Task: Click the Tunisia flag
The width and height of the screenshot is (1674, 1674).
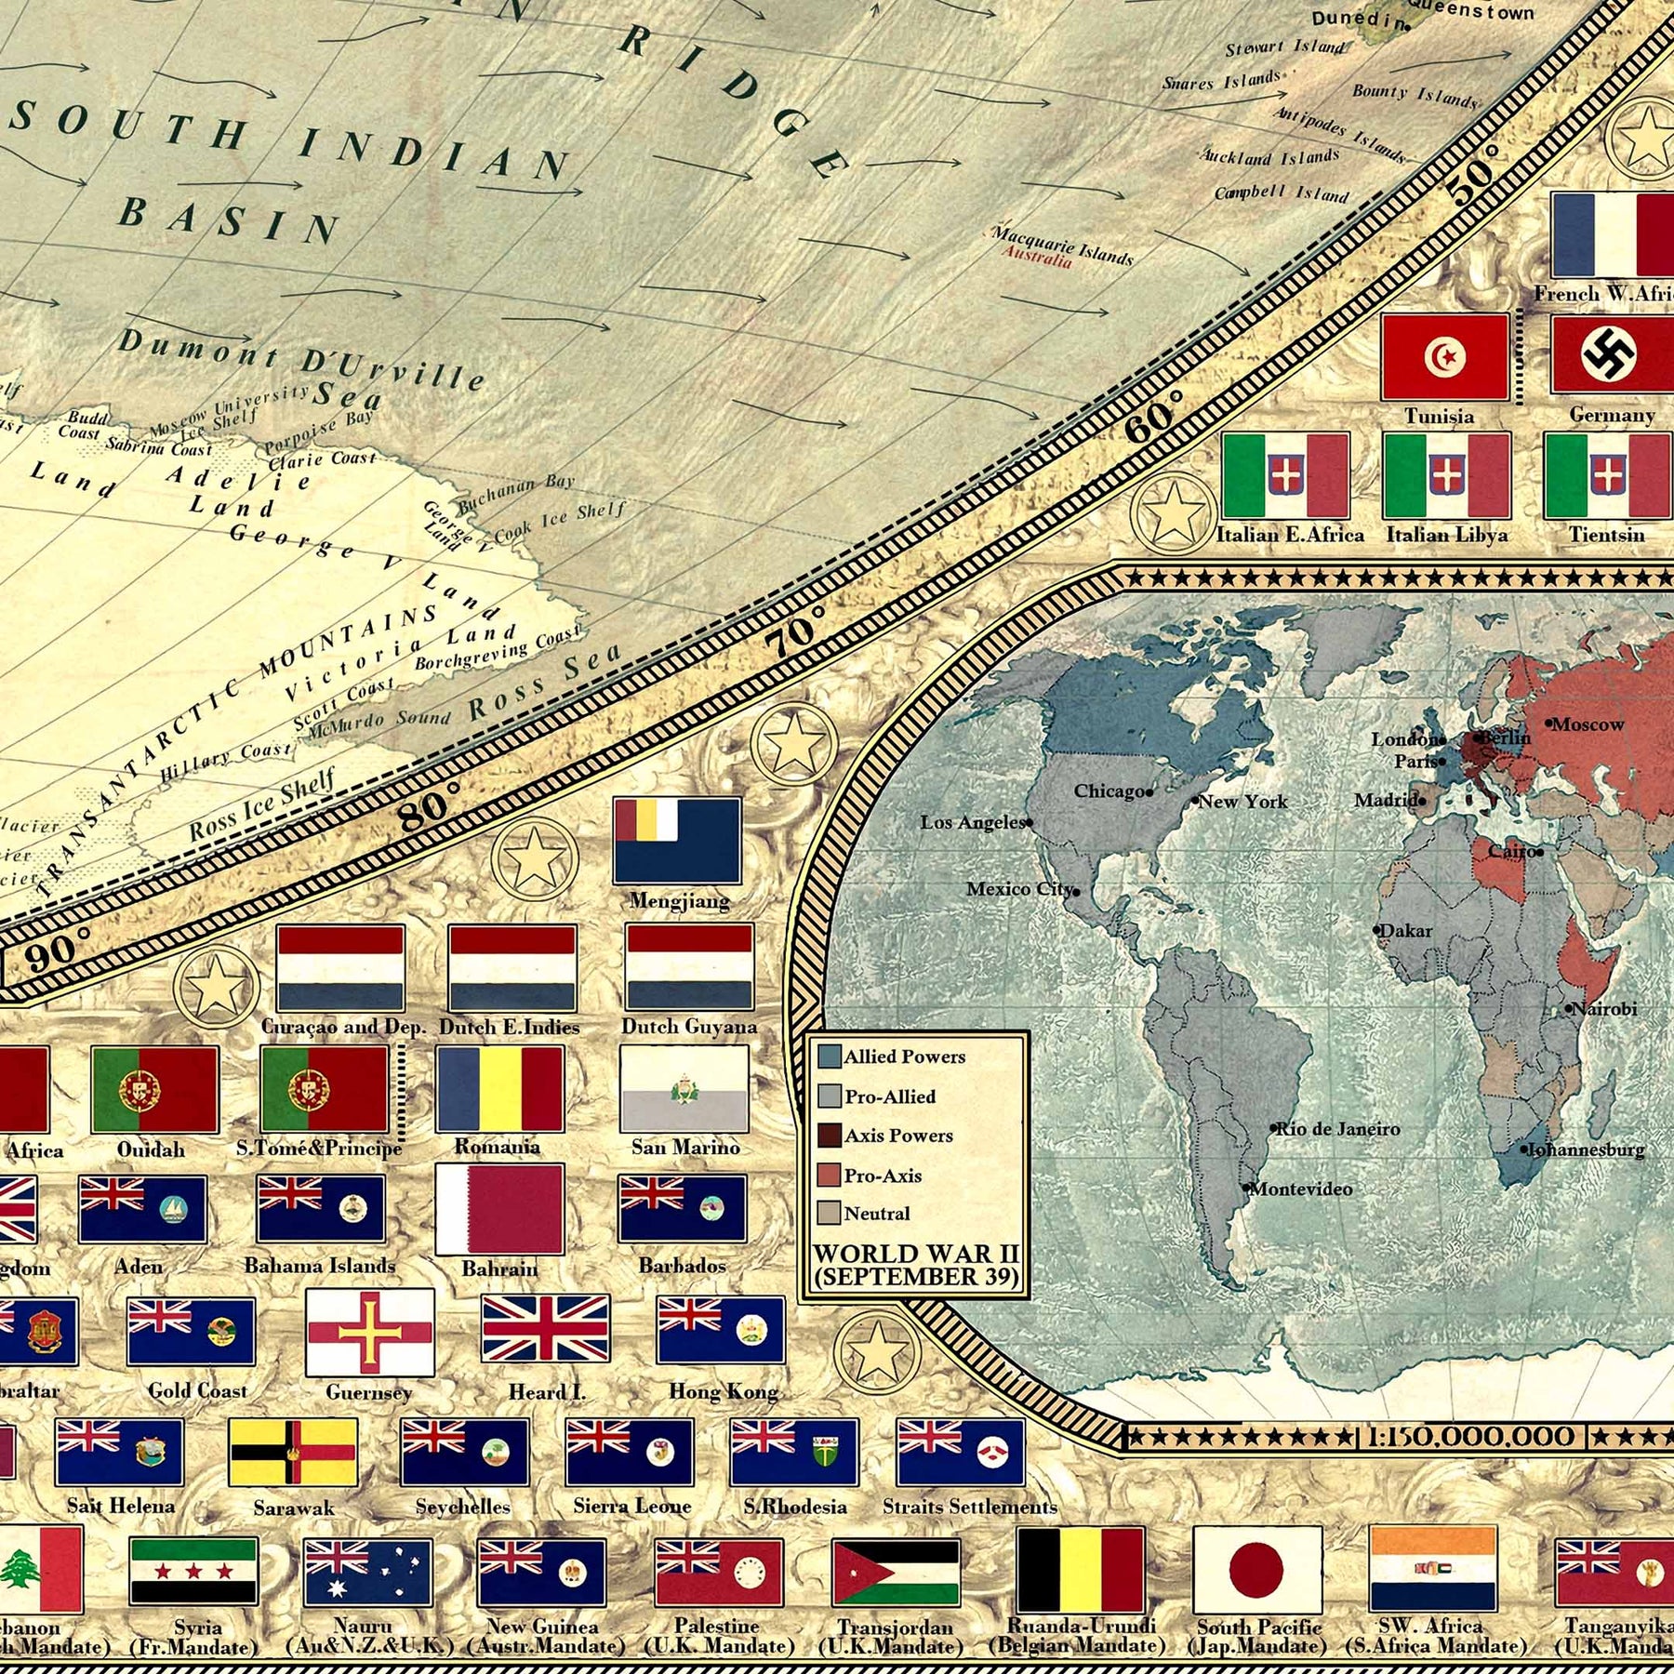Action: (1444, 357)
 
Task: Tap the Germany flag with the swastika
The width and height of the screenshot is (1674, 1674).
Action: (1612, 354)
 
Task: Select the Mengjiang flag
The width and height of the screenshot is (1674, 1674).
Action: (677, 841)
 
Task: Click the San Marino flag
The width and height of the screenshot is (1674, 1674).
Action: (684, 1088)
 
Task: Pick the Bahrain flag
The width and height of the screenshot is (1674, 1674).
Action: (499, 1208)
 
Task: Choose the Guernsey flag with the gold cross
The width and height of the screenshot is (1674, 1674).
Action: (370, 1332)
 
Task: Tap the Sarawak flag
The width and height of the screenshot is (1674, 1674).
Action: (293, 1453)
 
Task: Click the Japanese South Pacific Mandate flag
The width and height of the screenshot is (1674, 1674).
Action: (1256, 1569)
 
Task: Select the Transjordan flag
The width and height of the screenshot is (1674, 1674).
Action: (896, 1573)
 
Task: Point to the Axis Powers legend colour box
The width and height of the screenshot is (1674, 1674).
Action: (829, 1136)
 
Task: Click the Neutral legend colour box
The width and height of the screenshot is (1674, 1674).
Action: (829, 1213)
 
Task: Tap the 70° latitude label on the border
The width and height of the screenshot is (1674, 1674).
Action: (794, 631)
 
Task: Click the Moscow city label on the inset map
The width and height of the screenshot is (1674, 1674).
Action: (1588, 724)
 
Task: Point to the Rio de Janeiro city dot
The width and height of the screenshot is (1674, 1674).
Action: (1274, 1128)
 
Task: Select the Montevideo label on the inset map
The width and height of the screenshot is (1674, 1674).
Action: (1301, 1189)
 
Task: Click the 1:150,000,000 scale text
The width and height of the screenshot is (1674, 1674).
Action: (1470, 1437)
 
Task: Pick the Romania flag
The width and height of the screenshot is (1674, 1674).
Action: (499, 1088)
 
